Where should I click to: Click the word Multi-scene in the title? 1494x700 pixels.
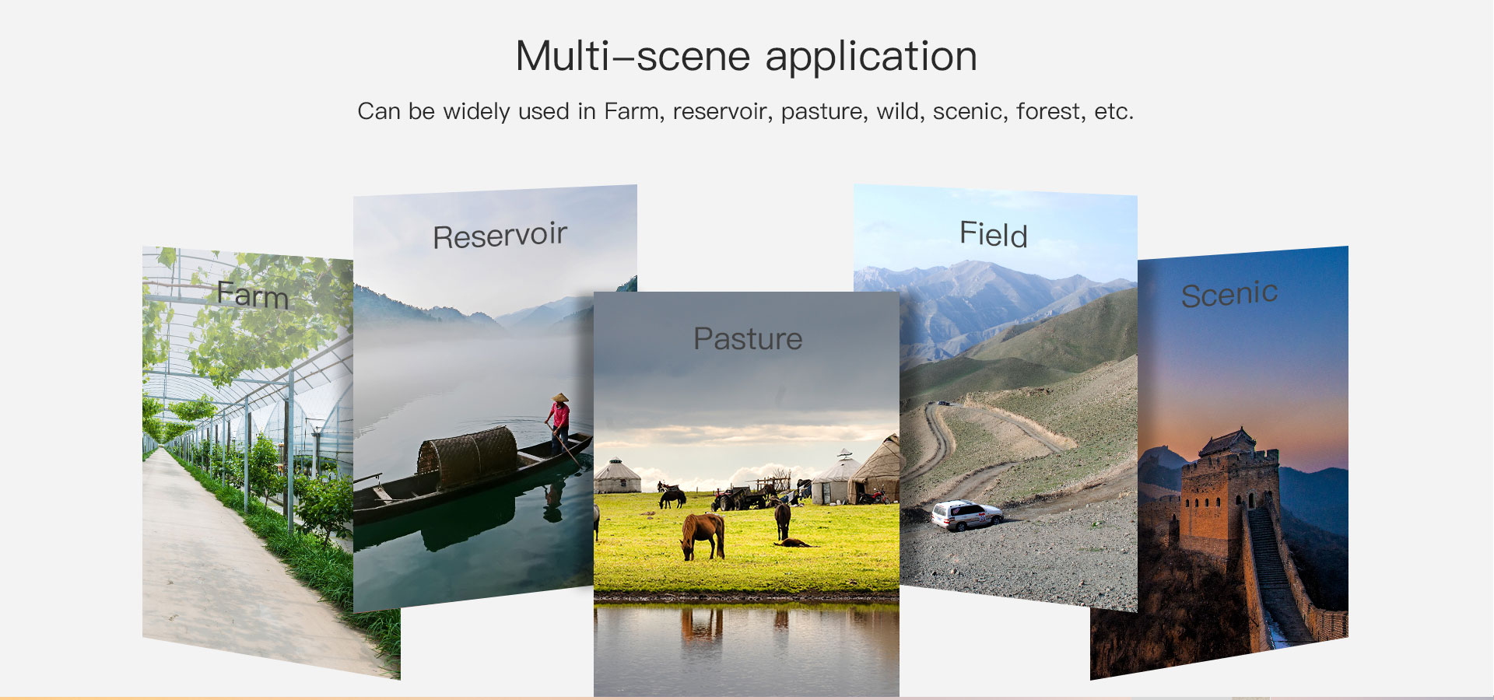[633, 57]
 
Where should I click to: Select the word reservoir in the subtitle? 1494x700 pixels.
[723, 112]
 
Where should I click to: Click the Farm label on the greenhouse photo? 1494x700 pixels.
[253, 296]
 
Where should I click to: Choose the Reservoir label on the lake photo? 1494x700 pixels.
[500, 236]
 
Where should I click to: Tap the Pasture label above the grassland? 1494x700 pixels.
[748, 339]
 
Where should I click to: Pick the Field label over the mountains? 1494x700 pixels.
[994, 234]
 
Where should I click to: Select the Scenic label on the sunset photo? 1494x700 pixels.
[1229, 294]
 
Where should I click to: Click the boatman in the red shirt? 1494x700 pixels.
[559, 424]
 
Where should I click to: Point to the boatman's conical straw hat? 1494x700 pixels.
[559, 398]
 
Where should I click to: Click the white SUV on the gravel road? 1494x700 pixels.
[966, 514]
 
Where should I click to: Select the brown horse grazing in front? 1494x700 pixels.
[703, 535]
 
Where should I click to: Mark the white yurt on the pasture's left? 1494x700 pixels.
[617, 476]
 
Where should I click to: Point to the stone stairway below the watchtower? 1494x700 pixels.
[1273, 576]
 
